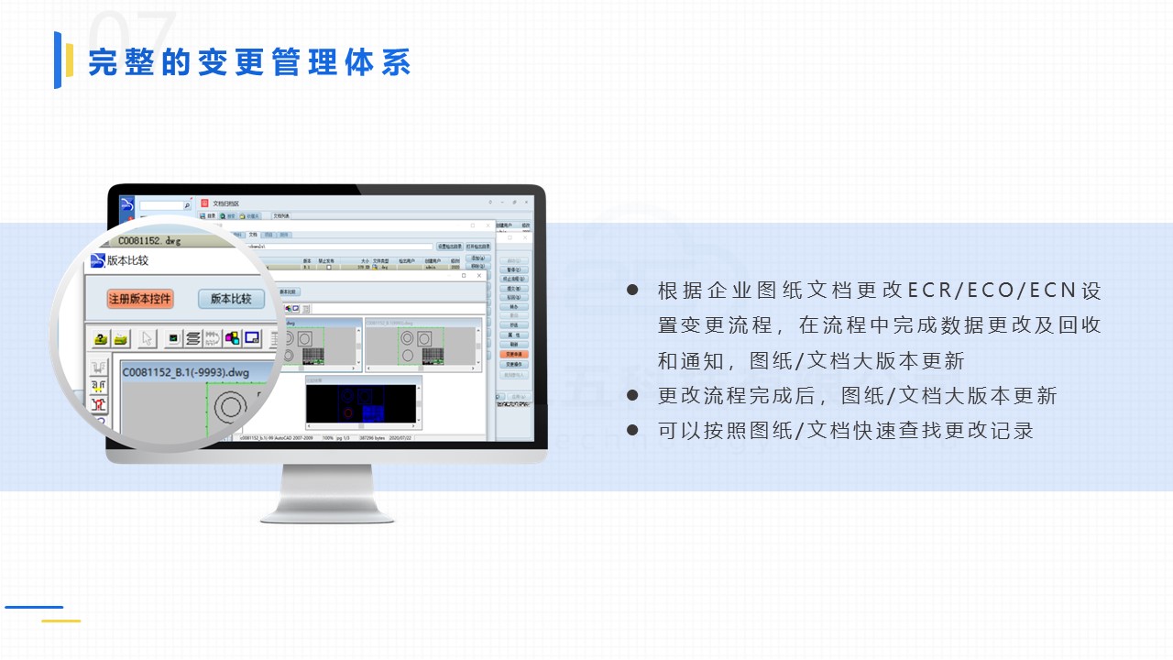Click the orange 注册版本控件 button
tap(140, 300)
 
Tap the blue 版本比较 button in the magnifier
tap(231, 299)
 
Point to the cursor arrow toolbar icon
tap(147, 338)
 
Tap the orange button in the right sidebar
tap(514, 353)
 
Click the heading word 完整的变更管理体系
tap(249, 62)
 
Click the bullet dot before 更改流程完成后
tap(632, 395)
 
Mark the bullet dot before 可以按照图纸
tap(632, 429)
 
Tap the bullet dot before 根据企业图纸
tap(632, 291)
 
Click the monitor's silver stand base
tap(327, 513)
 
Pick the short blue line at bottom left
tap(34, 607)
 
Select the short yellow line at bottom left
tap(60, 621)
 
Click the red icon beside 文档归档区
tap(204, 203)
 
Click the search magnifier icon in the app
tap(188, 206)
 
